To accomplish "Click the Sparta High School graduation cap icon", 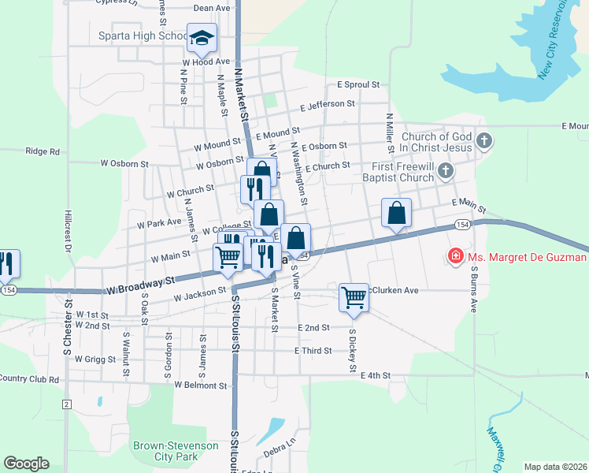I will [202, 37].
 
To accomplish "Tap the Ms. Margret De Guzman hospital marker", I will [454, 256].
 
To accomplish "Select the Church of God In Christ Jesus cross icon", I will [484, 142].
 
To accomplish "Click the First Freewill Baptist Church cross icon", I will [446, 170].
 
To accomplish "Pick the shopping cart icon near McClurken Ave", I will [354, 297].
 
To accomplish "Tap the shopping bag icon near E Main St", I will [396, 212].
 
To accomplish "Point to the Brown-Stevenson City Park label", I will [176, 451].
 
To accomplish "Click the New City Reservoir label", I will [562, 39].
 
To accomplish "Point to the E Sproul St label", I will [358, 84].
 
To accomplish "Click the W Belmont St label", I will [201, 385].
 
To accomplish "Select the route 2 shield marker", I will [67, 404].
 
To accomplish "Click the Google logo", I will [26, 464].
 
